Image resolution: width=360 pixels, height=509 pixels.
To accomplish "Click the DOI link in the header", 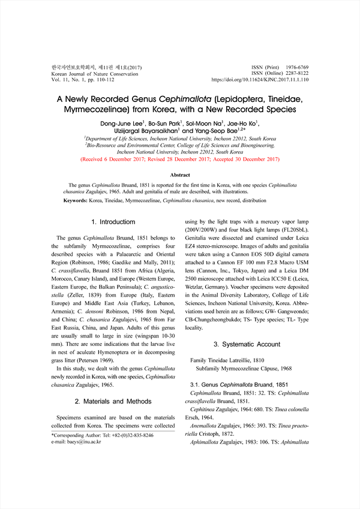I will [x=260, y=79].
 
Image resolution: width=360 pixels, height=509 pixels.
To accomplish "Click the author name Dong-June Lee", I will [x=125, y=123].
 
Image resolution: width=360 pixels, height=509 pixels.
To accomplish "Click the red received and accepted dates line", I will [x=180, y=159].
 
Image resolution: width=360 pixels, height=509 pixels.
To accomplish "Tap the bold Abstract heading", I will [x=180, y=175].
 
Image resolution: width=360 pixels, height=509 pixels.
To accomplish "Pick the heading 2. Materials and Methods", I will [x=113, y=401].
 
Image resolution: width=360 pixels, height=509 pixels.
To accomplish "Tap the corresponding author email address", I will [x=82, y=442].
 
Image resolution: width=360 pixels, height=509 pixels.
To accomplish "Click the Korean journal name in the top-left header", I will [x=96, y=67].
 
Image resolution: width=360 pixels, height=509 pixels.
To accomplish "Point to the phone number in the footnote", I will [x=130, y=435].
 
